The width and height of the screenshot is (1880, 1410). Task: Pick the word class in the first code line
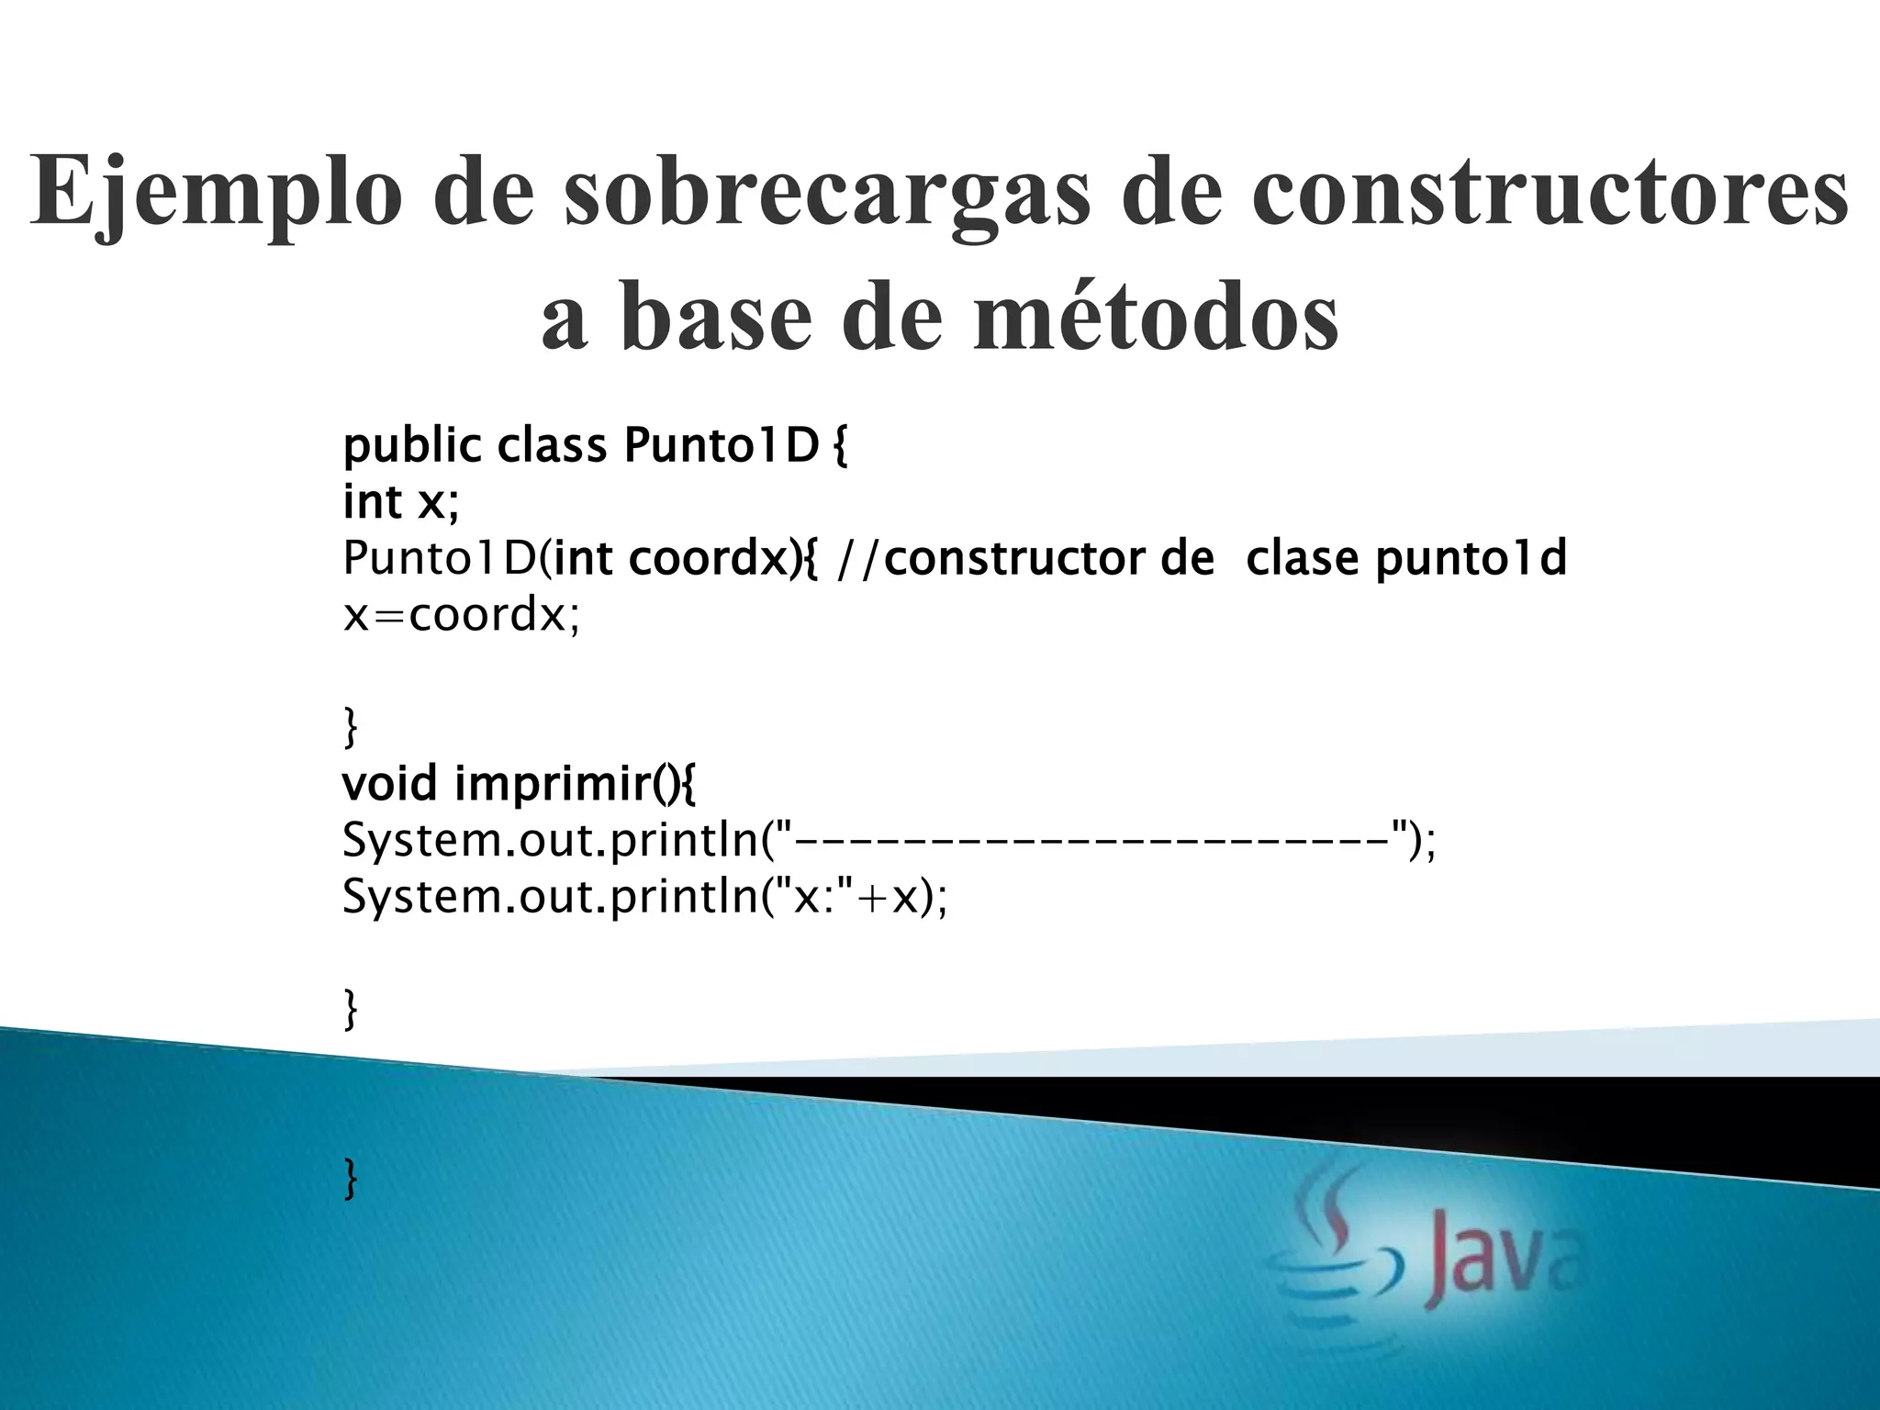coord(552,447)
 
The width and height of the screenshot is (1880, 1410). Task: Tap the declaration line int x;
coord(400,502)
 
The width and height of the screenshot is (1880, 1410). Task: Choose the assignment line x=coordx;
coord(461,614)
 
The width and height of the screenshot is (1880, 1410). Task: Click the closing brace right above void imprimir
coord(350,727)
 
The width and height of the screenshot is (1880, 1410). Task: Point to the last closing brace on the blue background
coord(350,1178)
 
